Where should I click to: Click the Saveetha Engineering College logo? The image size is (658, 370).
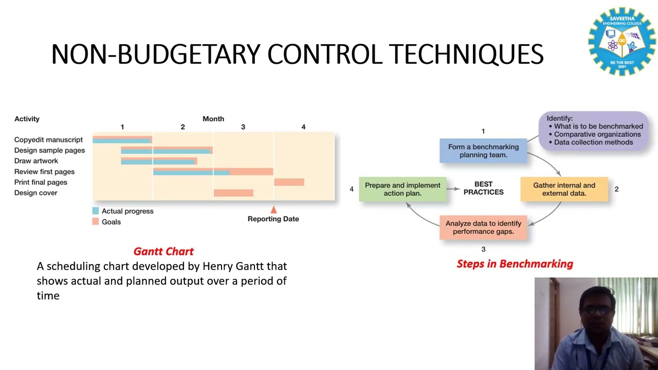622,41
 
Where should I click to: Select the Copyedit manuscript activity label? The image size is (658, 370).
48,140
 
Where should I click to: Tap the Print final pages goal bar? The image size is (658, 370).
289,182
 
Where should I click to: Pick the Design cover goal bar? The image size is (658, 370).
233,193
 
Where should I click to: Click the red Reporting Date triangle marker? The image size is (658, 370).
273,210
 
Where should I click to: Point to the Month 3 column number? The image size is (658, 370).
243,127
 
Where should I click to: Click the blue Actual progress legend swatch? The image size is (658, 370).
96,211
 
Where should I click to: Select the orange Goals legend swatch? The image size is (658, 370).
96,222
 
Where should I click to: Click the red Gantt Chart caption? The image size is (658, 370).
163,251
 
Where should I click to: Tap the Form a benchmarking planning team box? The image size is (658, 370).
483,151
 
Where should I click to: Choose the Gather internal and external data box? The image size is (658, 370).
564,189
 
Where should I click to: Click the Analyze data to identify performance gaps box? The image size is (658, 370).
483,228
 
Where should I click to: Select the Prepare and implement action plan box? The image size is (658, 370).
403,189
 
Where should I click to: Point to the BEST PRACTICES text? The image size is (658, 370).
483,188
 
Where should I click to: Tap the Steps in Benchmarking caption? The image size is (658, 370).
515,264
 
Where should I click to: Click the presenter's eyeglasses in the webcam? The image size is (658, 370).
596,310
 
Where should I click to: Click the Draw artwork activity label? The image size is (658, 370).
36,161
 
